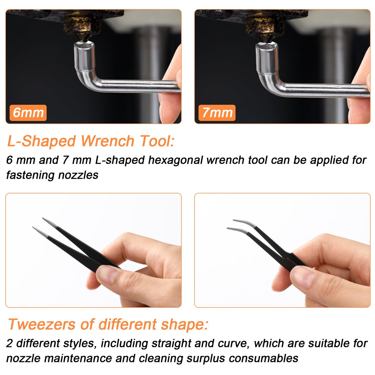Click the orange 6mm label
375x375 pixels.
click(x=28, y=113)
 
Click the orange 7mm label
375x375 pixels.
click(x=217, y=113)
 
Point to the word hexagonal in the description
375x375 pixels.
click(x=175, y=160)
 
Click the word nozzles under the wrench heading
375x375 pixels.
click(x=78, y=175)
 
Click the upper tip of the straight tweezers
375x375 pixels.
click(x=43, y=218)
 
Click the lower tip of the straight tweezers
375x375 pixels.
click(x=33, y=227)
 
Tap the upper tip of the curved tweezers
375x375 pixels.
click(x=233, y=220)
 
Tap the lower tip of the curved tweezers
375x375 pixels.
click(x=228, y=228)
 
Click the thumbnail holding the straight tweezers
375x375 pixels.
click(x=107, y=274)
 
